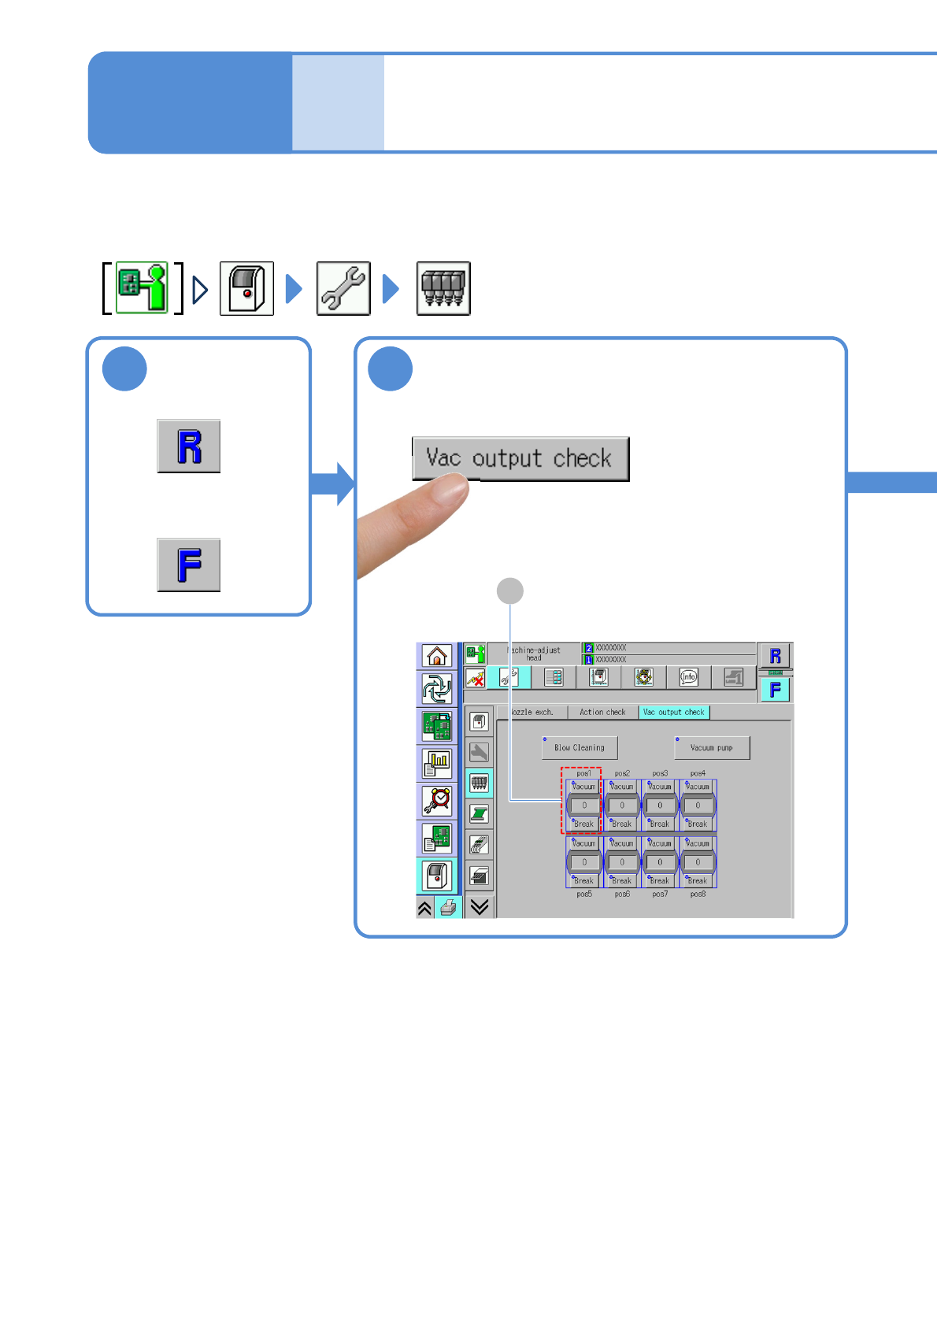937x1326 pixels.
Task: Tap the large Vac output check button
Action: [x=520, y=458]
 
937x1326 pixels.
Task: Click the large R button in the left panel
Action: [x=189, y=446]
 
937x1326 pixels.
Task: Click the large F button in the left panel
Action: [x=189, y=565]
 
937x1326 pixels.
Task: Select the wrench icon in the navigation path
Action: [x=343, y=289]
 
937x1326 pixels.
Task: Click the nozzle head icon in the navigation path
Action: [x=443, y=289]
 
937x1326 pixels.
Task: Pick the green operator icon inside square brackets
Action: [x=143, y=288]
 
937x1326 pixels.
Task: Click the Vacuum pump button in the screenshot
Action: [x=712, y=748]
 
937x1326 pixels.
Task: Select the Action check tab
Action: [x=602, y=712]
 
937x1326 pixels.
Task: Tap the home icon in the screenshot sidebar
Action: [x=437, y=655]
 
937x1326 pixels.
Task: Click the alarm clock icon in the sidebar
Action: [x=437, y=801]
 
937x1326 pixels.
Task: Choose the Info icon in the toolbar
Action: [x=689, y=677]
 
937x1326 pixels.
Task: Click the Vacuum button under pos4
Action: [x=698, y=787]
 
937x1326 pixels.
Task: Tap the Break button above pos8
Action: [x=698, y=881]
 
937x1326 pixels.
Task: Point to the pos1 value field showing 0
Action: [x=584, y=806]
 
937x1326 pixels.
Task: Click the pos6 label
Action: [x=622, y=894]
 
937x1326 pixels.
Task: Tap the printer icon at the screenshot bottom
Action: [x=448, y=908]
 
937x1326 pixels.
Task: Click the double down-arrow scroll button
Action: [x=480, y=907]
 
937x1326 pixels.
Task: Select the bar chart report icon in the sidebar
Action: [x=437, y=762]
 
